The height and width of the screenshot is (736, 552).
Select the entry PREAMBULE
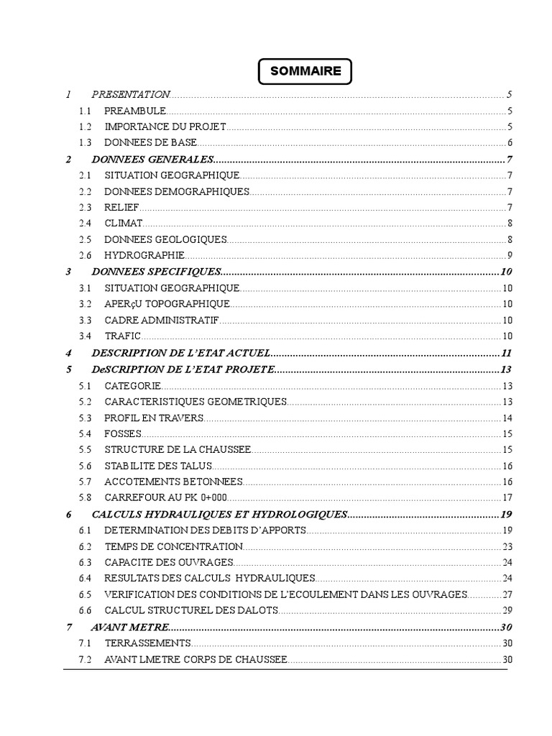pos(135,111)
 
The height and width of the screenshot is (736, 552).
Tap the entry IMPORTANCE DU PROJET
pos(165,126)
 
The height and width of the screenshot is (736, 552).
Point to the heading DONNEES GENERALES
pos(153,159)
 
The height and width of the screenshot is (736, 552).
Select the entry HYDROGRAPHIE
pos(144,255)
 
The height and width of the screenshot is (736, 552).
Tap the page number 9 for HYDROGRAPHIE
pos(509,255)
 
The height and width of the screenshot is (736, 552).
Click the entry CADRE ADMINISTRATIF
pos(162,320)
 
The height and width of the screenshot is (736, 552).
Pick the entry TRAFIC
pos(122,336)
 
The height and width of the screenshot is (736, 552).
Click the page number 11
pos(505,353)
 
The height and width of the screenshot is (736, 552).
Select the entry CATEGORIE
pos(133,385)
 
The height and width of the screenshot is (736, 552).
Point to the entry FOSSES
pos(123,433)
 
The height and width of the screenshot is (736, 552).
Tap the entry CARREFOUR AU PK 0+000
pos(165,497)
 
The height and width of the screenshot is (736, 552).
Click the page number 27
pos(506,594)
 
